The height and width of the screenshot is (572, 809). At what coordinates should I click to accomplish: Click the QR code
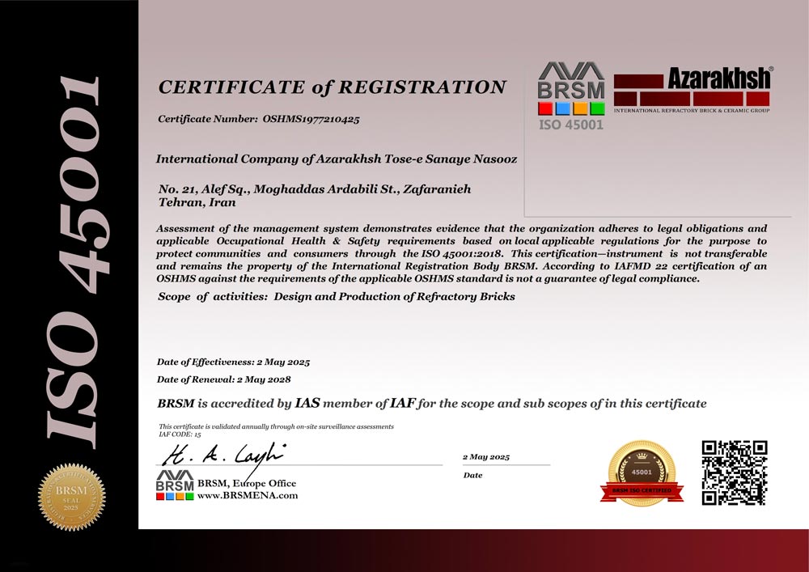(x=734, y=472)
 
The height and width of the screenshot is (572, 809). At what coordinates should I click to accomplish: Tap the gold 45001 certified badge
(x=642, y=472)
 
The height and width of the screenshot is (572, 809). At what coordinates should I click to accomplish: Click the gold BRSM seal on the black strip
(x=71, y=494)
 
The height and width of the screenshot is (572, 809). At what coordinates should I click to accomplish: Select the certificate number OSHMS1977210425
(x=311, y=119)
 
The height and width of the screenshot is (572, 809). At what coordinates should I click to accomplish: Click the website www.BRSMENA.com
(x=248, y=495)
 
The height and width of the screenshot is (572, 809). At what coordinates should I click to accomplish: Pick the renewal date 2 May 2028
(x=262, y=379)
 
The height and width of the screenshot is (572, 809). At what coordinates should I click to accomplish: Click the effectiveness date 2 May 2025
(x=283, y=362)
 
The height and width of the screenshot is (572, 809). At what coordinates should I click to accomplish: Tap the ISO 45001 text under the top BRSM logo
(x=571, y=125)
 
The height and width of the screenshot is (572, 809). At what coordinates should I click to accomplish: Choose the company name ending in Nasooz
(x=336, y=159)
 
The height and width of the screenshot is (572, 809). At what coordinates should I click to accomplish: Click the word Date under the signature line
(x=472, y=475)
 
